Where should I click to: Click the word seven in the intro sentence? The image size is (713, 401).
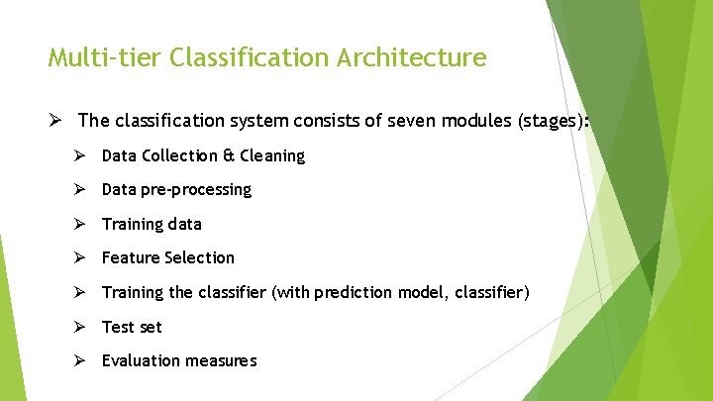[x=409, y=122]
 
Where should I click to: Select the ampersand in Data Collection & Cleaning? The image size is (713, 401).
[x=227, y=155]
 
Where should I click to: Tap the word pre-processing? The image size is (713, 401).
[x=197, y=189]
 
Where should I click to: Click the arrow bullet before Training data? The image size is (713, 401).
[x=80, y=224]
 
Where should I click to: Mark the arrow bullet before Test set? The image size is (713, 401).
[x=80, y=327]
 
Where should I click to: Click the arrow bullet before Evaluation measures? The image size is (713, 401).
[x=80, y=360]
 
